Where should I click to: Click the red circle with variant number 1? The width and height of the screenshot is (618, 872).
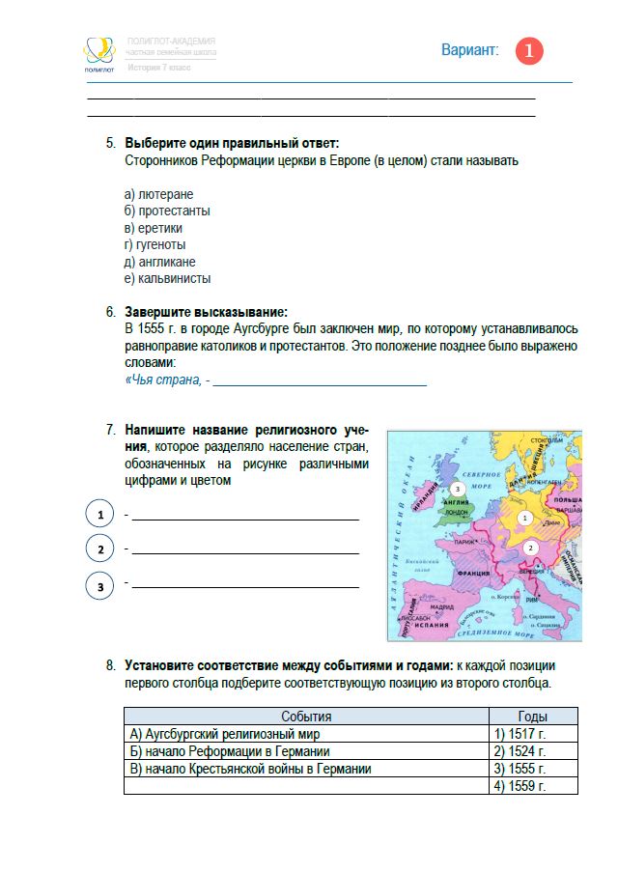click(529, 51)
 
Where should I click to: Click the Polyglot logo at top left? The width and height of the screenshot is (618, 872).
click(98, 53)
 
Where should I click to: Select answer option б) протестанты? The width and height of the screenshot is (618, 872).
click(167, 211)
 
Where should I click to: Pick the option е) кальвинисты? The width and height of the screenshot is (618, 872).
click(167, 279)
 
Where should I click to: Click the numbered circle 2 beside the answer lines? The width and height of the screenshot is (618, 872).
click(100, 549)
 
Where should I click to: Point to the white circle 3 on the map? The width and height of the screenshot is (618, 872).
click(458, 489)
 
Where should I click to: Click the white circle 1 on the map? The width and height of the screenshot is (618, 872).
click(524, 518)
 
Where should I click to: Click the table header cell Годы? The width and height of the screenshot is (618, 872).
click(532, 717)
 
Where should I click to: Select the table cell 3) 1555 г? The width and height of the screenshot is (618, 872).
click(520, 769)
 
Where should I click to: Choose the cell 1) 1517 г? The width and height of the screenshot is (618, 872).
click(520, 734)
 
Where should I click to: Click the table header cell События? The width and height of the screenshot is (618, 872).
click(306, 717)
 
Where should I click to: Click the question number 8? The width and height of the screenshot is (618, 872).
click(110, 666)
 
